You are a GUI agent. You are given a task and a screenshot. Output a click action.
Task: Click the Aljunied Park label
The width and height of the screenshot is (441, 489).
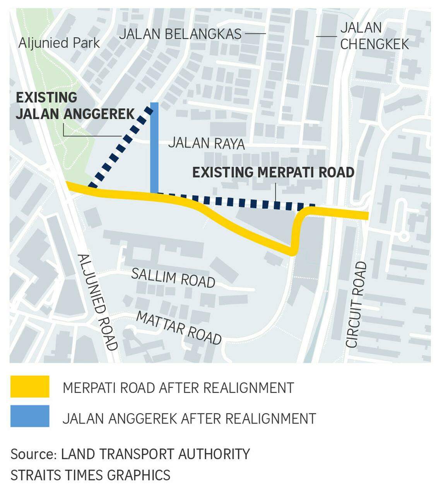59,43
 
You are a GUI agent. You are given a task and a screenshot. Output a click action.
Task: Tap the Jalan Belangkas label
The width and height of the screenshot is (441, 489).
180,34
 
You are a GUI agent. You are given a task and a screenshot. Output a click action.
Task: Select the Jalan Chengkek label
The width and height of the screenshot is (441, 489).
374,36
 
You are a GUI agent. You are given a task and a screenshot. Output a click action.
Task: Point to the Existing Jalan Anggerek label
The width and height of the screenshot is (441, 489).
75,106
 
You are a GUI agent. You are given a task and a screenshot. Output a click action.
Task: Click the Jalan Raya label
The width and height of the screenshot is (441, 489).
206,144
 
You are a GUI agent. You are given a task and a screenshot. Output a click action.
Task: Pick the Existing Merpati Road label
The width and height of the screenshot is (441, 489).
273,172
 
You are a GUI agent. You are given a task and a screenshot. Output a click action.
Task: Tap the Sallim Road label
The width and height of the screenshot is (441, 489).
173,278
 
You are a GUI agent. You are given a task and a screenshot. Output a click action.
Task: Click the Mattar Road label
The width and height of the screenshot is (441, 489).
179,328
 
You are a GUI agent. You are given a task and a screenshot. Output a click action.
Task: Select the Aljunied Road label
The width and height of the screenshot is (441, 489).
97,302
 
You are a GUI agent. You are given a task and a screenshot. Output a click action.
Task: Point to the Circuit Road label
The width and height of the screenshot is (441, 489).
356,304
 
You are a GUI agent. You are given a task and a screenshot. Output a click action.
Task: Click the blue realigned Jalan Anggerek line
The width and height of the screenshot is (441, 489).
154,147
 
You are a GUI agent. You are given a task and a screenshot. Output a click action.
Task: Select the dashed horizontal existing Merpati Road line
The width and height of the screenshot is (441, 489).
240,202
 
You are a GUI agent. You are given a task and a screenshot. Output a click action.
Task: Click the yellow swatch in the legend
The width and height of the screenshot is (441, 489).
30,386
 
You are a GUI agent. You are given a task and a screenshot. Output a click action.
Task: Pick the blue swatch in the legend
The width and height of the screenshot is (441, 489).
30,416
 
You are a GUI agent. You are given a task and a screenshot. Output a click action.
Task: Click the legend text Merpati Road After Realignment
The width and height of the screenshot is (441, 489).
178,388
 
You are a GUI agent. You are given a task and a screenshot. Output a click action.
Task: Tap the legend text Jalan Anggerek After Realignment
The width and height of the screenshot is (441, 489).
189,419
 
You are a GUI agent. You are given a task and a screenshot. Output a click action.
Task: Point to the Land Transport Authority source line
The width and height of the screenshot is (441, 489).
130,454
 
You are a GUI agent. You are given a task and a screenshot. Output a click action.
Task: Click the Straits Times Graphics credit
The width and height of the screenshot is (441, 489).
90,475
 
